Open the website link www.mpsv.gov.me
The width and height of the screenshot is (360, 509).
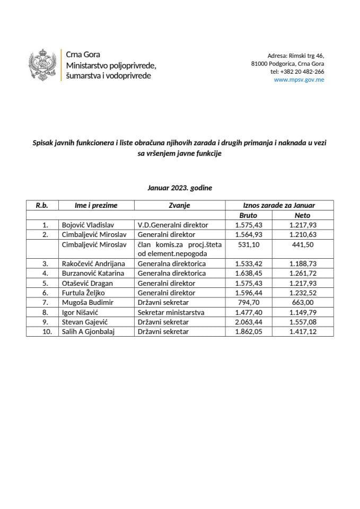point(298,80)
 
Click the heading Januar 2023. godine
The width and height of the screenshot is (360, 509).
point(180,187)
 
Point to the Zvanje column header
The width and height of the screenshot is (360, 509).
point(179,206)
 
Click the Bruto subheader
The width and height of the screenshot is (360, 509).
point(249,215)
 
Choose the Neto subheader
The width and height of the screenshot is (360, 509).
point(302,215)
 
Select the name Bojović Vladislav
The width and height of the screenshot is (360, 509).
point(87,225)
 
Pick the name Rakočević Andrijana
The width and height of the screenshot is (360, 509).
point(94,264)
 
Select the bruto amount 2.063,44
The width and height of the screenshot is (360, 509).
point(249,322)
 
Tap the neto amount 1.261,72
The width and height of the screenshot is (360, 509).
point(303,274)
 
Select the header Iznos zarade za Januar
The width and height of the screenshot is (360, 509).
point(275,206)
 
